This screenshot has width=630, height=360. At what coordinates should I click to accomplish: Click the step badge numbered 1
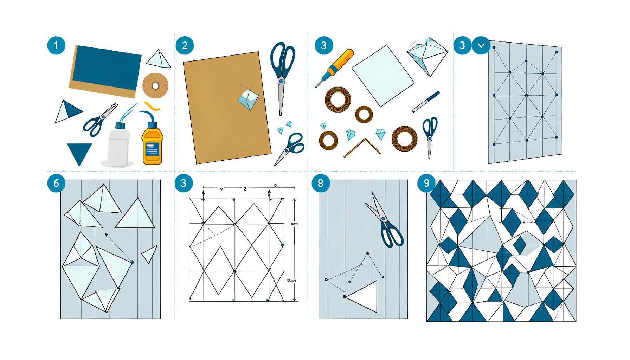tap(56, 45)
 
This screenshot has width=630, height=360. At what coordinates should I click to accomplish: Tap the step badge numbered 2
tap(185, 45)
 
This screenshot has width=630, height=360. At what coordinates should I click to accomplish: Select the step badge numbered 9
tap(426, 183)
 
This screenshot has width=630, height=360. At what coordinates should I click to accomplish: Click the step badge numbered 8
tap(320, 183)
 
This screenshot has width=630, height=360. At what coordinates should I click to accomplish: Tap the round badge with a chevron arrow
tap(481, 45)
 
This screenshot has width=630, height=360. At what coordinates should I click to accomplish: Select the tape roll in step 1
tap(155, 85)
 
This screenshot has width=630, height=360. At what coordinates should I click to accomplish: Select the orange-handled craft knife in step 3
tap(334, 67)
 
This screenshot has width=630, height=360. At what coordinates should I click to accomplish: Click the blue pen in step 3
tap(426, 102)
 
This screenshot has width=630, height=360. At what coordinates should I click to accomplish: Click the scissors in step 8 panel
tap(385, 221)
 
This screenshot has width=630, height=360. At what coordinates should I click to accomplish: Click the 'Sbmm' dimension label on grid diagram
tap(291, 281)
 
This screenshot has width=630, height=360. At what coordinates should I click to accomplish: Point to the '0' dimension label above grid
tap(275, 185)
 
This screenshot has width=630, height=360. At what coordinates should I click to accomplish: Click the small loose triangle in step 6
tap(149, 254)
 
